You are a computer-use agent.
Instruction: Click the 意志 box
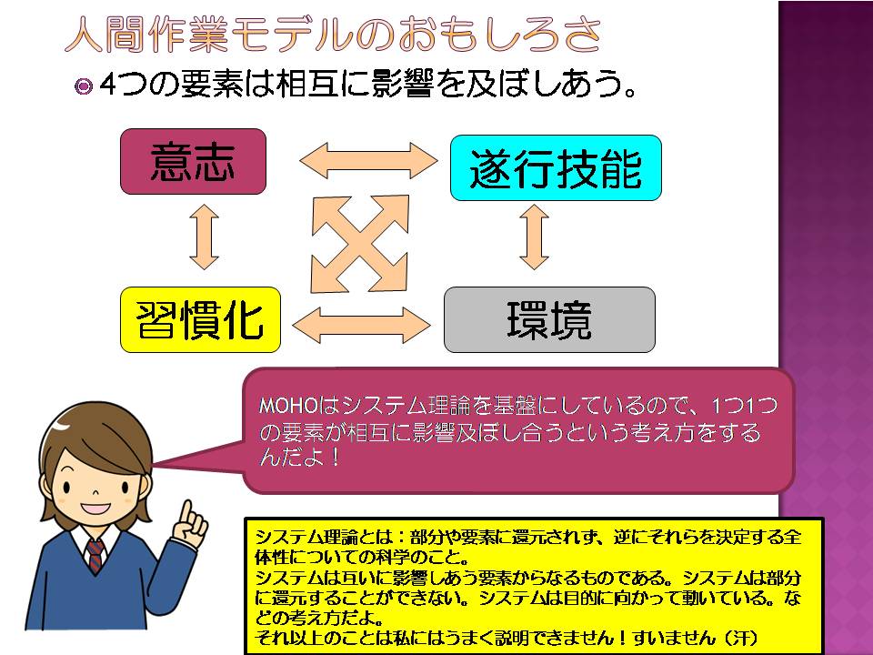(193, 161)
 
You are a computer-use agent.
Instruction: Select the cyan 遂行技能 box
(555, 168)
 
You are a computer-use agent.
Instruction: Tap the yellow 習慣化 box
(200, 319)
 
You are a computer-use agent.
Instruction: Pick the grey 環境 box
(548, 319)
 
